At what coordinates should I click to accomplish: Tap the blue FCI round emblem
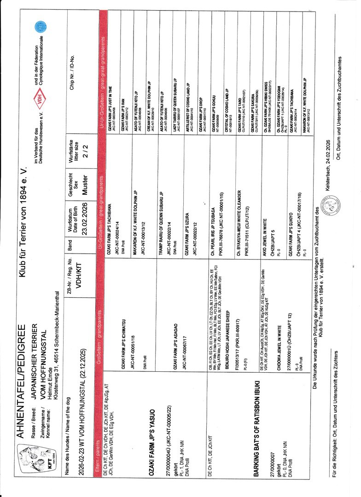(40, 27)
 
